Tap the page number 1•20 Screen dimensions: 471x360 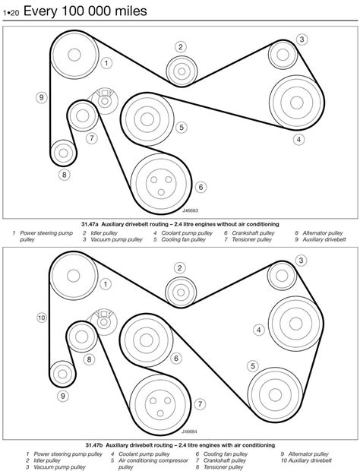coord(15,13)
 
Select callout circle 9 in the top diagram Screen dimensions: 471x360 coord(41,96)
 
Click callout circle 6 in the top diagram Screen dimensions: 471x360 coord(201,186)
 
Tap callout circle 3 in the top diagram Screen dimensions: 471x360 coord(302,40)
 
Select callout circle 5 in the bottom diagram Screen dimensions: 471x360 coord(253,365)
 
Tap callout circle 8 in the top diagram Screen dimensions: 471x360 coord(65,174)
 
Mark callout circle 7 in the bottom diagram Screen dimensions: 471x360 coord(200,404)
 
